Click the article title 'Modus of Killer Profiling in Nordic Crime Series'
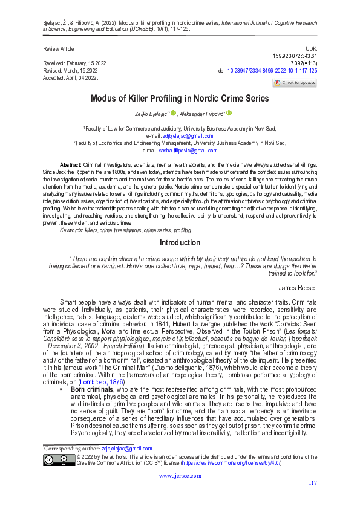(180, 98)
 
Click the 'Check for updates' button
(295, 83)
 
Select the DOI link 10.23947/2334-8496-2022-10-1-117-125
(272, 71)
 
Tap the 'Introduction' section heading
(180, 243)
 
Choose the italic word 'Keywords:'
(73, 230)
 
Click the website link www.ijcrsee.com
(180, 476)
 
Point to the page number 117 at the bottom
(312, 482)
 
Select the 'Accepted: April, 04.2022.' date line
(71, 78)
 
